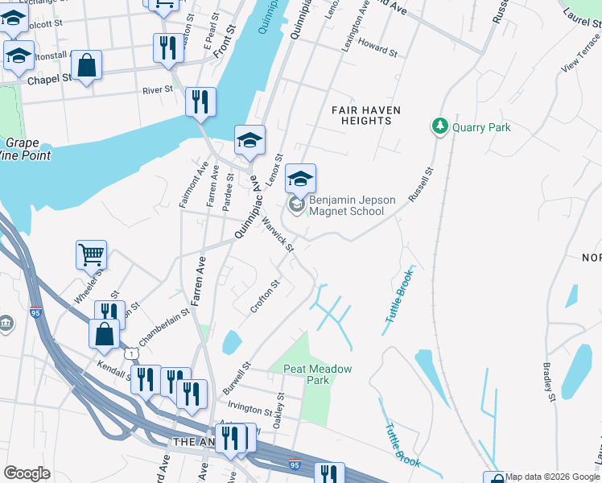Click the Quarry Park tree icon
(x=439, y=126)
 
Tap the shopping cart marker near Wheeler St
(x=91, y=255)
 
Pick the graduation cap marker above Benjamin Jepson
(x=300, y=179)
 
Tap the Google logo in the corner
(x=27, y=473)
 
